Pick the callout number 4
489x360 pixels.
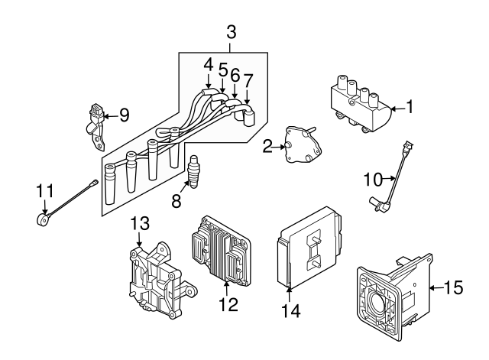click(x=208, y=66)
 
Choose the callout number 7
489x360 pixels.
click(x=248, y=79)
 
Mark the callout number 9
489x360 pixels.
click(x=124, y=116)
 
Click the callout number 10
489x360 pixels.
click(x=371, y=180)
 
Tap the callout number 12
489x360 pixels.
click(x=227, y=304)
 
